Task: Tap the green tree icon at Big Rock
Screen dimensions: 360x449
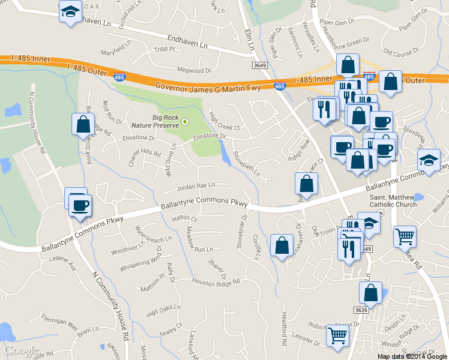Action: (185, 122)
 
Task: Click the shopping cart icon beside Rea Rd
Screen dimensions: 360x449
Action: (405, 236)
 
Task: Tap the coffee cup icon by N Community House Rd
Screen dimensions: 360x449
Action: (79, 206)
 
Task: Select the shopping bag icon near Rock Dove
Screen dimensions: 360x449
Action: (83, 125)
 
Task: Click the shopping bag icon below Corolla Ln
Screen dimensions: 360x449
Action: (282, 245)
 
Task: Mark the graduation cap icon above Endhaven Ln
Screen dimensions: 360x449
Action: (71, 11)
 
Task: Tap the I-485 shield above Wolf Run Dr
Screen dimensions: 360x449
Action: (119, 77)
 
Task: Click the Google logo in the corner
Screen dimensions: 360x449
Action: (21, 350)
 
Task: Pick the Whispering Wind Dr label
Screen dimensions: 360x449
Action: (141, 259)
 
